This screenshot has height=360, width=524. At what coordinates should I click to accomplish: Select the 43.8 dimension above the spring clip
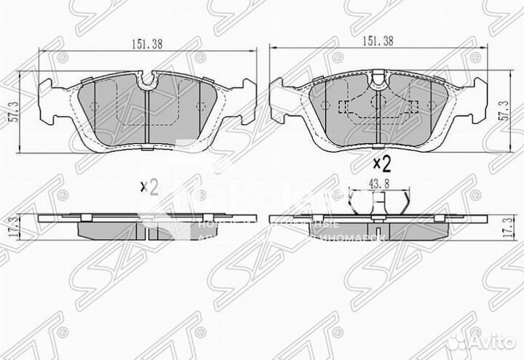[x=378, y=184]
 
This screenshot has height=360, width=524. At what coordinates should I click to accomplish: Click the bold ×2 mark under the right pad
[x=382, y=162]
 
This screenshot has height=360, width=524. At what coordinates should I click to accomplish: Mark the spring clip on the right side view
[x=378, y=207]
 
